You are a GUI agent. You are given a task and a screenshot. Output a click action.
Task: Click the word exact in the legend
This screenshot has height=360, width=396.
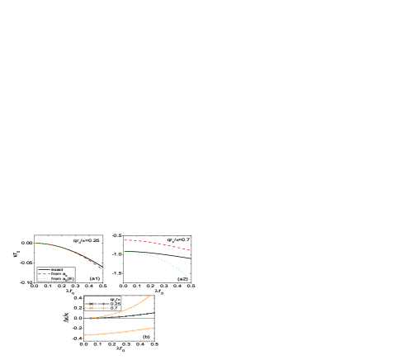click(x=57, y=269)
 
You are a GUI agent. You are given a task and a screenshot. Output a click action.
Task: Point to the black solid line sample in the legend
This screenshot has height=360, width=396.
click(x=43, y=269)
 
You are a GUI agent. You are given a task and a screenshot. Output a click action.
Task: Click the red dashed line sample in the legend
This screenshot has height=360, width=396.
click(x=43, y=274)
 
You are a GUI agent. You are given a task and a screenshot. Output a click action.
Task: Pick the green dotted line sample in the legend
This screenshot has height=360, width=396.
click(x=43, y=279)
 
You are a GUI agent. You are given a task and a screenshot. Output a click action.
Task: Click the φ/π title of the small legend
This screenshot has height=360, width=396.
click(x=115, y=299)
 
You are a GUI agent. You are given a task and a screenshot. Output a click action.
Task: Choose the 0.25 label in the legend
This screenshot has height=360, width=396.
click(x=115, y=304)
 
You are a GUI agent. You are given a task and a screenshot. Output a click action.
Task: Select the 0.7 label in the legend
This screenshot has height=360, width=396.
click(x=114, y=309)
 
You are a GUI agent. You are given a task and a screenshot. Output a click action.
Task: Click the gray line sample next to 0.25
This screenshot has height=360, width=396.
click(x=97, y=304)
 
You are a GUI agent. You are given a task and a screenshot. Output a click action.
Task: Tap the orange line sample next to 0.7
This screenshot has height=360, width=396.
click(x=97, y=309)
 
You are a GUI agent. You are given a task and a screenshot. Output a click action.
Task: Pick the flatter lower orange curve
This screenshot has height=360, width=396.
click(x=124, y=332)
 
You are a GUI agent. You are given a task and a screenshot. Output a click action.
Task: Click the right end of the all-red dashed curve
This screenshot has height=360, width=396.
click(x=191, y=249)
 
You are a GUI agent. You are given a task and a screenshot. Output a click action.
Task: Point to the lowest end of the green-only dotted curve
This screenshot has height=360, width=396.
click(x=191, y=280)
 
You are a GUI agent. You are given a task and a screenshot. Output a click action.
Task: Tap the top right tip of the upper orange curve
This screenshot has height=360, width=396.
click(x=150, y=296)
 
